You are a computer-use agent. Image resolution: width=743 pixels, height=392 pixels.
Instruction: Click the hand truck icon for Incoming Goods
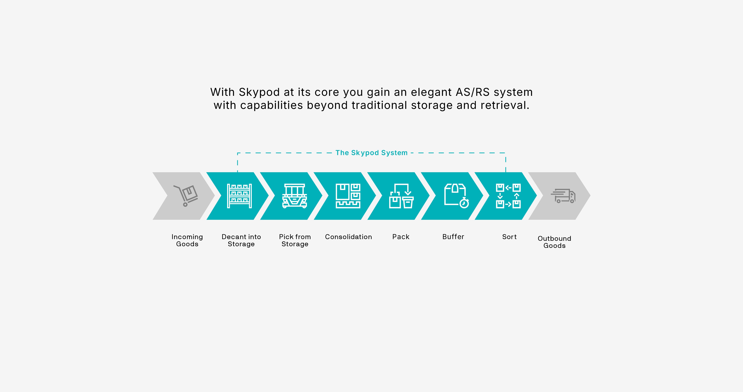pos(186,195)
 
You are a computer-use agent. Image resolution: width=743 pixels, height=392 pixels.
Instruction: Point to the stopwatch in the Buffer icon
pos(464,203)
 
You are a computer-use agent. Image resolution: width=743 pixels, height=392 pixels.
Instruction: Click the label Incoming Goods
pos(187,240)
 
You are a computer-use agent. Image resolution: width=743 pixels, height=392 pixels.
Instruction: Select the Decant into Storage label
pos(241,240)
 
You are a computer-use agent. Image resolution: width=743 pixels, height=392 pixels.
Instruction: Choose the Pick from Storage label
pos(295,240)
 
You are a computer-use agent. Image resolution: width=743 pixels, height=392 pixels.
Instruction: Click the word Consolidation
pos(348,237)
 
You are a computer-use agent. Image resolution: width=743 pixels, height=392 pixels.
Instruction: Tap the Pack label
pos(401,237)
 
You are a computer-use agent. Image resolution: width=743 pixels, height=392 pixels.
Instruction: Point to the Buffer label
pos(453,237)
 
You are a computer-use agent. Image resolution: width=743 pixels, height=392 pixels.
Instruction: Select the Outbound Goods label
pos(554,242)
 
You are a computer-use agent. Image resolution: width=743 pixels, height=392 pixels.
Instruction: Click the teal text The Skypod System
pos(371,153)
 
